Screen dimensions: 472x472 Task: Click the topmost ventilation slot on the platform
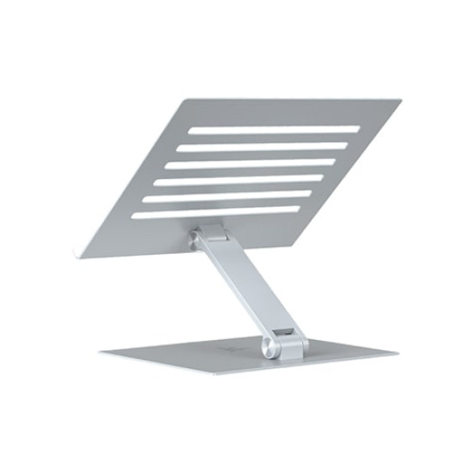[275, 130]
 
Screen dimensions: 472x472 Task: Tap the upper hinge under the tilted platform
[209, 233]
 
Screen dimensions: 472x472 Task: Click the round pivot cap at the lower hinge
[274, 348]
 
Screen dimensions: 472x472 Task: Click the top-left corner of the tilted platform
[184, 100]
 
